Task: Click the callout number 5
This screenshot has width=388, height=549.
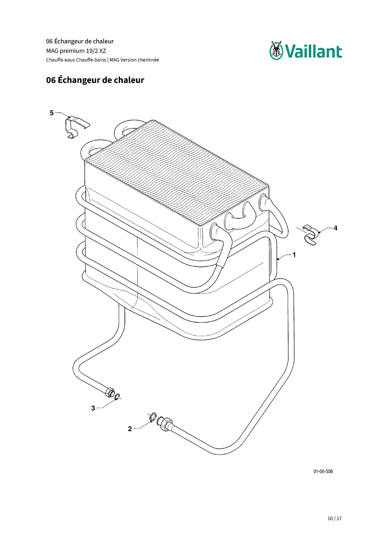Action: click(52, 113)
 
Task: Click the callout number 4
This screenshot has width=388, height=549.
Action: click(335, 228)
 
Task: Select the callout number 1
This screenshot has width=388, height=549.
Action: click(294, 255)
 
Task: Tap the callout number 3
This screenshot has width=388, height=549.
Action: click(93, 408)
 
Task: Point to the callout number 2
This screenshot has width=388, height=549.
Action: click(130, 429)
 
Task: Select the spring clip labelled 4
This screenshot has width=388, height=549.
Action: click(311, 235)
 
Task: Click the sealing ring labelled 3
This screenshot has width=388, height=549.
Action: click(118, 397)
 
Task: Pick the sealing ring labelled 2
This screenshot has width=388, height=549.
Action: click(153, 417)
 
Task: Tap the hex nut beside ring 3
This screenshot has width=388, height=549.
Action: click(109, 392)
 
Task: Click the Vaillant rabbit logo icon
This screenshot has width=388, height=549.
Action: click(277, 50)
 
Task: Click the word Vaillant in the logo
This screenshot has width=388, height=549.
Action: click(313, 51)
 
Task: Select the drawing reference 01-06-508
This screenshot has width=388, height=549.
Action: click(323, 471)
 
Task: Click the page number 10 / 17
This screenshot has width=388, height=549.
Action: click(335, 518)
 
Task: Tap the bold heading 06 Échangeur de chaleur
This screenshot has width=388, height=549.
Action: click(95, 80)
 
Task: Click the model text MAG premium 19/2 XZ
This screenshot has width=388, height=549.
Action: click(76, 51)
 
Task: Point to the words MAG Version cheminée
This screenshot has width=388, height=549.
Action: click(134, 60)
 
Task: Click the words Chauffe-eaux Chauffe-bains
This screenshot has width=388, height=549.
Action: click(76, 60)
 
